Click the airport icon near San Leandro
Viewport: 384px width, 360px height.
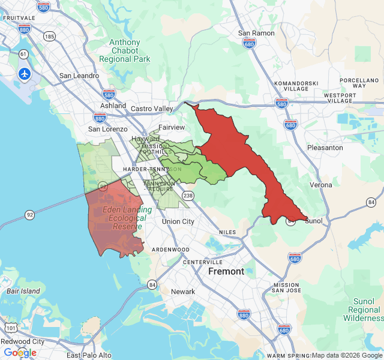[x=24, y=74]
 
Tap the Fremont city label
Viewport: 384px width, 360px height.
[x=226, y=271]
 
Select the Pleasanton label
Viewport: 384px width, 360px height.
[x=325, y=147]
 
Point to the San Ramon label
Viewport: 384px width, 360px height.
[x=256, y=33]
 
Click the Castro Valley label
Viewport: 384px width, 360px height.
[x=152, y=108]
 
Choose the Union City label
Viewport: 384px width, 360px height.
[x=178, y=221]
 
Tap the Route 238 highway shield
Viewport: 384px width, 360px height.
[x=188, y=195]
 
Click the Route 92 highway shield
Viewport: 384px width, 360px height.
[x=29, y=214]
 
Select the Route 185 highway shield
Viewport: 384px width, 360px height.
[x=50, y=37]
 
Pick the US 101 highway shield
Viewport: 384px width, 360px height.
[x=11, y=328]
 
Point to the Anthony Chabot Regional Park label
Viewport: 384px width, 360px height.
[x=124, y=51]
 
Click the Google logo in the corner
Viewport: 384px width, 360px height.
[x=20, y=353]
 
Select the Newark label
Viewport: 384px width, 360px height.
[x=183, y=292]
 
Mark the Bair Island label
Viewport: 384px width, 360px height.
[x=23, y=291]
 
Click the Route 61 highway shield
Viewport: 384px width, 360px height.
[x=23, y=54]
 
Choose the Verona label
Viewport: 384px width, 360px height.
[x=321, y=185]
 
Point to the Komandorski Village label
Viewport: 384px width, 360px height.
[x=291, y=85]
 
